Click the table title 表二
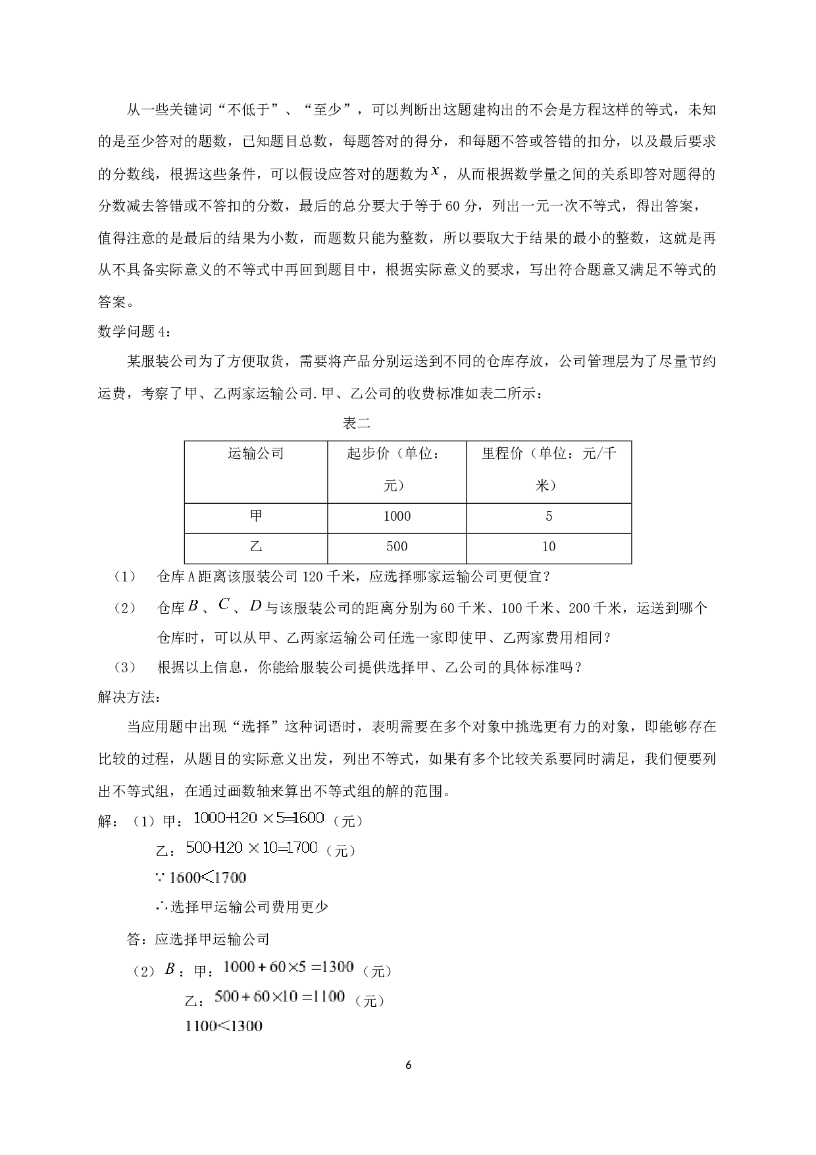tap(357, 423)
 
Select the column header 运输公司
tap(256, 453)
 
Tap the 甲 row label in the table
tap(256, 515)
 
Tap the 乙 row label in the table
tap(256, 545)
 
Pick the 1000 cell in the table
tap(397, 516)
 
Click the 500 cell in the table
tap(397, 545)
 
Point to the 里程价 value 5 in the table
tap(549, 516)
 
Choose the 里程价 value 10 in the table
tap(549, 545)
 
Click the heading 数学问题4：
tap(138, 331)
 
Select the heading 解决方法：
tap(132, 697)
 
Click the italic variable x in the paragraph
tap(435, 172)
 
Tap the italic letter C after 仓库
tap(224, 604)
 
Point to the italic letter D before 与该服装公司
tap(255, 605)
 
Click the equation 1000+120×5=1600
tap(259, 818)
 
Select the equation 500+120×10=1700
tap(251, 847)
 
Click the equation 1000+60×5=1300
tap(289, 967)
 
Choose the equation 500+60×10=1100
tap(280, 996)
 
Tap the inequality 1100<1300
tap(224, 1025)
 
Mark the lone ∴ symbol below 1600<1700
tap(163, 905)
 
